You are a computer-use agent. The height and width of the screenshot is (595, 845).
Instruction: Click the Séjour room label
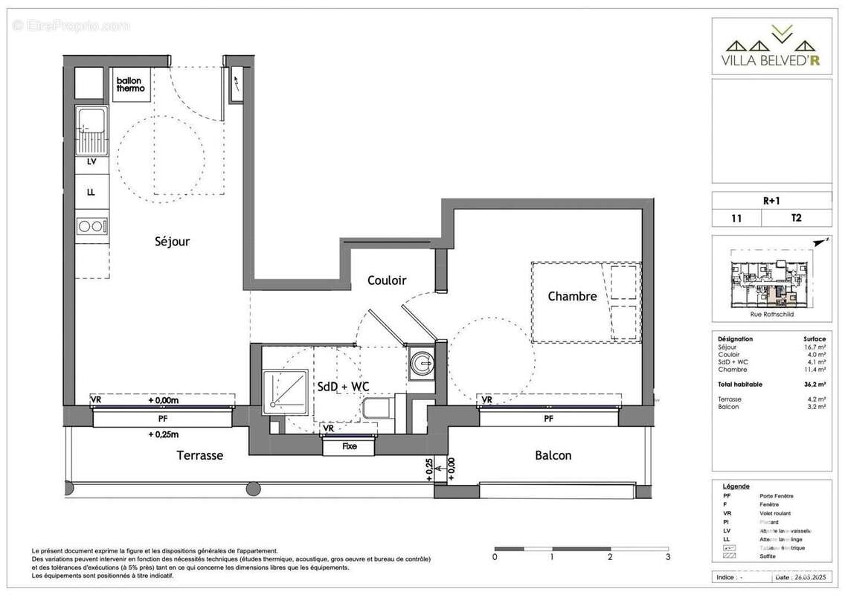pyautogui.click(x=173, y=241)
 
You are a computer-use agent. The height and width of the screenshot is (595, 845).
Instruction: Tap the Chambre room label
pyautogui.click(x=572, y=296)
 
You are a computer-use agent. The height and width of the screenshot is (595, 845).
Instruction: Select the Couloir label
pyautogui.click(x=387, y=280)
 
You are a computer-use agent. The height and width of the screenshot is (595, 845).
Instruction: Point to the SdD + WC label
pyautogui.click(x=344, y=386)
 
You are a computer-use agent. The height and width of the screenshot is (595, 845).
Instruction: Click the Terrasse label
pyautogui.click(x=199, y=455)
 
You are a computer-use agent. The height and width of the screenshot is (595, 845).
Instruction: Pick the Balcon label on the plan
pyautogui.click(x=553, y=455)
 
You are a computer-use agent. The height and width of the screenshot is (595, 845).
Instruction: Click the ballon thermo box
pyautogui.click(x=131, y=84)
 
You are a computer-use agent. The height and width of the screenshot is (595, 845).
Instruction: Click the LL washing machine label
pyautogui.click(x=91, y=192)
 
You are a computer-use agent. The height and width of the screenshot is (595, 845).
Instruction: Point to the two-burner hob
pyautogui.click(x=91, y=225)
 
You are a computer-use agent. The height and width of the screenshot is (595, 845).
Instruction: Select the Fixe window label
pyautogui.click(x=349, y=447)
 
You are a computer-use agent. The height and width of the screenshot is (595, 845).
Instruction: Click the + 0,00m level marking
pyautogui.click(x=164, y=400)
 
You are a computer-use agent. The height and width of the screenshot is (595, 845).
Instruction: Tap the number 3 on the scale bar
pyautogui.click(x=668, y=556)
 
